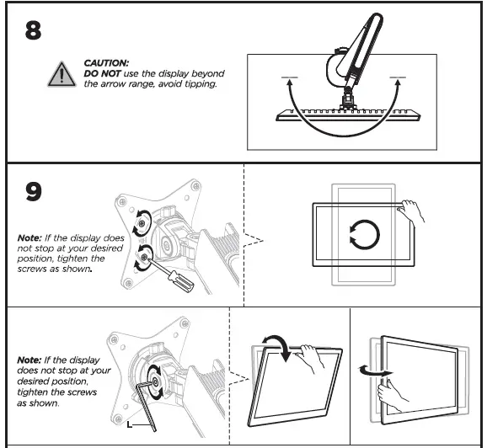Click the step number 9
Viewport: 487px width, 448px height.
pyautogui.click(x=34, y=192)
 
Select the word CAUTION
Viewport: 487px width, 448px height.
pyautogui.click(x=105, y=63)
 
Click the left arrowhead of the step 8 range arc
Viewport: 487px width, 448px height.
pyautogui.click(x=289, y=81)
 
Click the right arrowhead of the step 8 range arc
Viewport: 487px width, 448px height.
pyautogui.click(x=395, y=81)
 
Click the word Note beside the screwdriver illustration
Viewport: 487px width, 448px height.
pyautogui.click(x=29, y=238)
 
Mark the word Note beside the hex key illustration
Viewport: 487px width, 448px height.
pyautogui.click(x=30, y=360)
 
